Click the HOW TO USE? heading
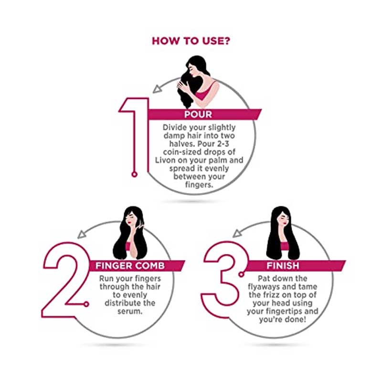coord(191,41)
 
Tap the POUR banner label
coord(198,114)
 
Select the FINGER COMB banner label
coord(130,265)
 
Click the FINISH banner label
coord(283,265)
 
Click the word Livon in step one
coord(165,160)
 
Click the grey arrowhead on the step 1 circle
coord(158,89)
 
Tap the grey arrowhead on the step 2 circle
coord(82,234)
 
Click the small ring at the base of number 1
coord(135,174)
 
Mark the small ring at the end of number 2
coord(86,304)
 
